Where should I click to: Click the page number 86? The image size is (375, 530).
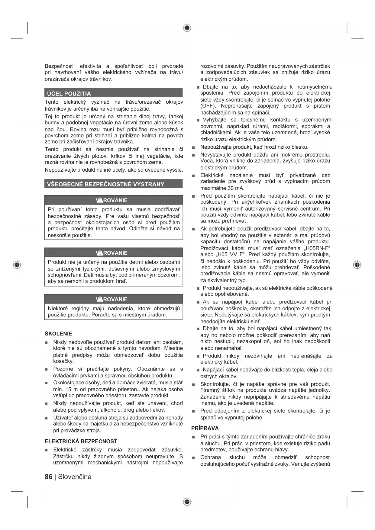pyautogui.click(x=48, y=477)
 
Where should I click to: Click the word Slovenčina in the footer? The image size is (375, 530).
pyautogui.click(x=75, y=477)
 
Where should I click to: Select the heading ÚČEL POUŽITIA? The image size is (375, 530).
pyautogui.click(x=69, y=93)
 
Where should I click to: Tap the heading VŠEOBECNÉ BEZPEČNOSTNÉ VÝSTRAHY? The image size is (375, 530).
pyautogui.click(x=106, y=184)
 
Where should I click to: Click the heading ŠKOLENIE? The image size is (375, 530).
pyautogui.click(x=58, y=334)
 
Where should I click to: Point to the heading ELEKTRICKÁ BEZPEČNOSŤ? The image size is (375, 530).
pyautogui.click(x=81, y=441)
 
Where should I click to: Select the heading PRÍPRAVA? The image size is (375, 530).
pyautogui.click(x=205, y=428)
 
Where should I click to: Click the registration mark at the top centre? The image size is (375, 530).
pyautogui.click(x=187, y=28)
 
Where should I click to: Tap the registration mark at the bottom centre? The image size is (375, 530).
pyautogui.click(x=187, y=502)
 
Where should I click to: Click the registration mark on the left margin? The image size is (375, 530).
pyautogui.click(x=17, y=265)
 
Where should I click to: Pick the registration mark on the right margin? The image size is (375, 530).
pyautogui.click(x=357, y=265)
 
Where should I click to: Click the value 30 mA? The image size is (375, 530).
pyautogui.click(x=235, y=188)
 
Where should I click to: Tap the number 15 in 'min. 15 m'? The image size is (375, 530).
pyautogui.click(x=69, y=389)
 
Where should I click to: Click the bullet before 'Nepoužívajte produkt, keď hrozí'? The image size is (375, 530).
pyautogui.click(x=193, y=147)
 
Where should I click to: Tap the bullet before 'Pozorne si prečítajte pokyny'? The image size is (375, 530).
pyautogui.click(x=46, y=369)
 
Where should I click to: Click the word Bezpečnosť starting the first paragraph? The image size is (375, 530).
pyautogui.click(x=60, y=66)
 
